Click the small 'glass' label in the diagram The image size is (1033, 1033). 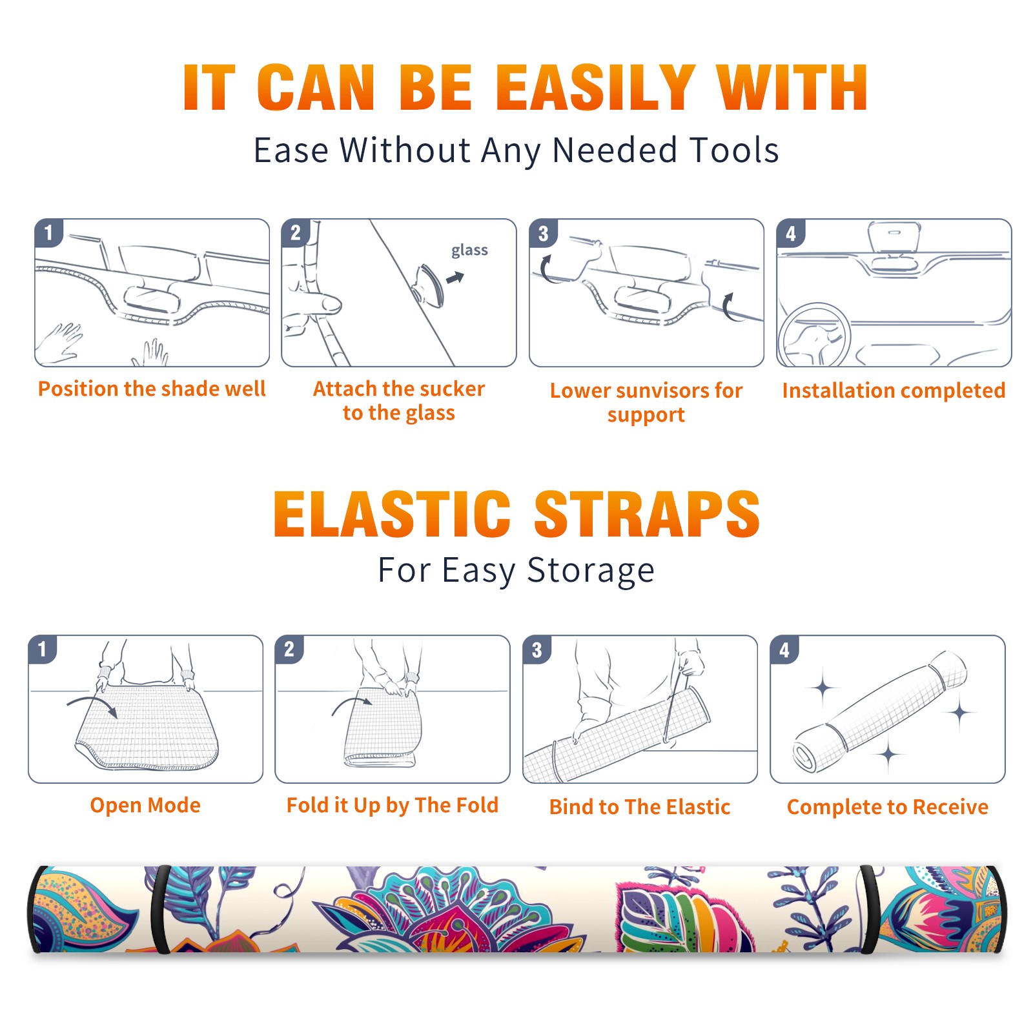pyautogui.click(x=469, y=251)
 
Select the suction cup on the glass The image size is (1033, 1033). pyautogui.click(x=429, y=285)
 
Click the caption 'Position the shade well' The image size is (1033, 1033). pyautogui.click(x=152, y=389)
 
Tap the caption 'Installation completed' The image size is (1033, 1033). pyautogui.click(x=894, y=391)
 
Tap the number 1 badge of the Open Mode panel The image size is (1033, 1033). pyautogui.click(x=43, y=649)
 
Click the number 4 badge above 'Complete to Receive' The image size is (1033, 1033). pyautogui.click(x=784, y=649)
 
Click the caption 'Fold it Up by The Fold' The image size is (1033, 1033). pyautogui.click(x=393, y=805)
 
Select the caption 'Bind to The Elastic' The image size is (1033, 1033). pyautogui.click(x=640, y=807)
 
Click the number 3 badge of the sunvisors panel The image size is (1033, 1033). pyautogui.click(x=543, y=233)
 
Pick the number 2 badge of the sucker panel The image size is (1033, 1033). pyautogui.click(x=296, y=232)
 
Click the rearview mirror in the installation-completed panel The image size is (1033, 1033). pyautogui.click(x=894, y=238)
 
